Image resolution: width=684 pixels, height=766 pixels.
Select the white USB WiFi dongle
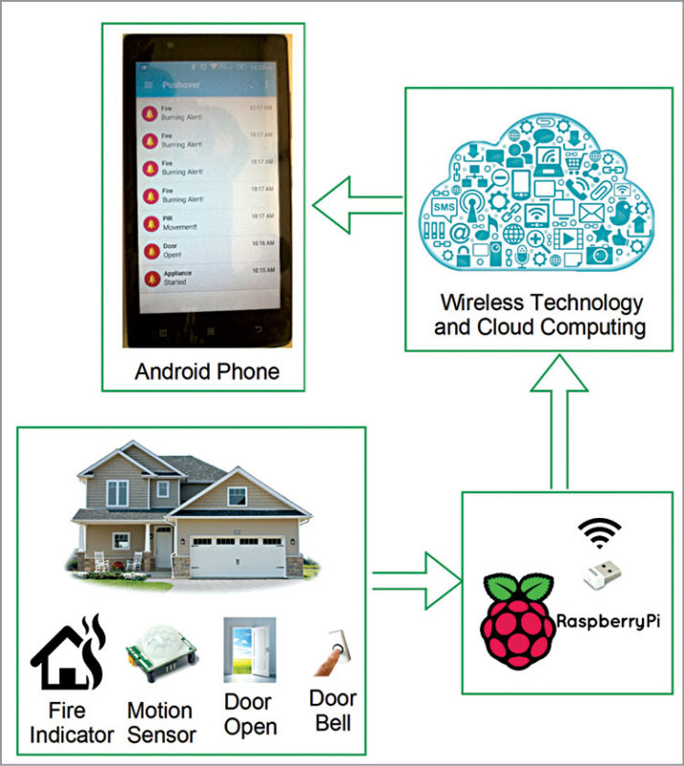pyautogui.click(x=602, y=572)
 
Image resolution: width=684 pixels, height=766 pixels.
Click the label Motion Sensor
pyautogui.click(x=161, y=723)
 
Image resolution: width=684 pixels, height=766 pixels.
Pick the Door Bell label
pyautogui.click(x=332, y=710)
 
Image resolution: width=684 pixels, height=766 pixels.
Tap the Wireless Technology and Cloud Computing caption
pyautogui.click(x=541, y=315)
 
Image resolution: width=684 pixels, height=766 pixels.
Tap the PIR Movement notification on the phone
pyautogui.click(x=206, y=222)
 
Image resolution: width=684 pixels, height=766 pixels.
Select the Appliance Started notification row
pyautogui.click(x=206, y=277)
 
